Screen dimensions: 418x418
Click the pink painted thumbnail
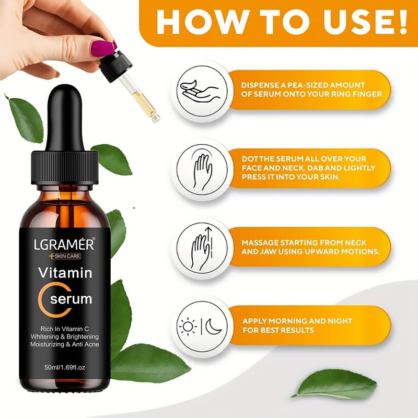(x=102, y=49)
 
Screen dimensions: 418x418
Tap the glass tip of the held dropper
(x=155, y=118)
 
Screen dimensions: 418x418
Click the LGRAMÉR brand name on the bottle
(x=64, y=244)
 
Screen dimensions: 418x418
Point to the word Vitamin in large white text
(x=65, y=273)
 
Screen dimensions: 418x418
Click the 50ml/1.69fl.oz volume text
(x=65, y=367)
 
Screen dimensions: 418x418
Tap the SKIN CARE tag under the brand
(x=65, y=256)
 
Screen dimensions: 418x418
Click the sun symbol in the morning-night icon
(x=188, y=327)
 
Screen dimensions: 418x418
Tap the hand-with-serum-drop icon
(x=200, y=91)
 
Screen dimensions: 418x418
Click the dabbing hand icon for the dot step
(x=203, y=169)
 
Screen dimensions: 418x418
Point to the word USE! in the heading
(x=366, y=22)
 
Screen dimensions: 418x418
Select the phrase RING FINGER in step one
(x=357, y=94)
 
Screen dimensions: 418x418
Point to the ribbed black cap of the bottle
(x=65, y=167)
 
